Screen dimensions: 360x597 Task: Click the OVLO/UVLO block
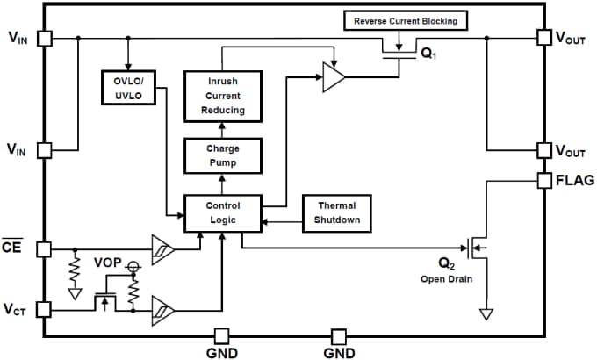click(x=128, y=86)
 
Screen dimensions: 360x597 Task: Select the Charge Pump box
click(x=222, y=155)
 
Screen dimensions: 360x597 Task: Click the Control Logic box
click(x=222, y=212)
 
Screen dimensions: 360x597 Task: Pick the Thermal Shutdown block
click(x=337, y=212)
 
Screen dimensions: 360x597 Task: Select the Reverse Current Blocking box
click(x=406, y=20)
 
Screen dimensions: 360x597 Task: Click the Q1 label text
click(x=428, y=54)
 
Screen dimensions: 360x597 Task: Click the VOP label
click(x=108, y=263)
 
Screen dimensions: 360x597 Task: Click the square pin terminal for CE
click(x=45, y=249)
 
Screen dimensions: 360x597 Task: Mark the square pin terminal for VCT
click(x=45, y=309)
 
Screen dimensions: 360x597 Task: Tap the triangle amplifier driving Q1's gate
click(x=334, y=77)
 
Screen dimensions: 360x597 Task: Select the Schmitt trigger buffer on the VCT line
click(x=162, y=309)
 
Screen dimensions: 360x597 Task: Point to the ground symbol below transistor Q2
click(x=485, y=313)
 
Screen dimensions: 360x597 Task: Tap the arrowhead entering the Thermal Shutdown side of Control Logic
click(x=264, y=221)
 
